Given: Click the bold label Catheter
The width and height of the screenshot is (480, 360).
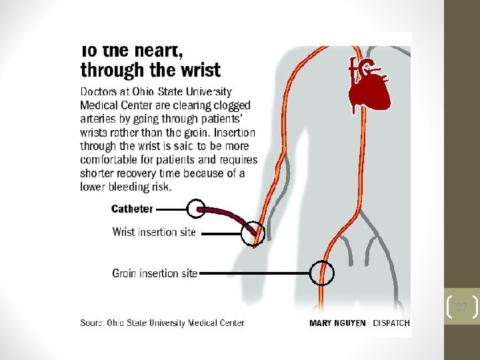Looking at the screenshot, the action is (132, 209).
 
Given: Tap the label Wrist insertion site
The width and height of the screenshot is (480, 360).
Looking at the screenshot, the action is (154, 233).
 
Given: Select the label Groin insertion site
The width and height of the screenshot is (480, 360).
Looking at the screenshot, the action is (155, 273).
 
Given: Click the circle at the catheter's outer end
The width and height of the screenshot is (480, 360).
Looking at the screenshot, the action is (195, 209).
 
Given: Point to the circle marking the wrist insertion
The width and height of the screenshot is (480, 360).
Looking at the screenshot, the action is (253, 233).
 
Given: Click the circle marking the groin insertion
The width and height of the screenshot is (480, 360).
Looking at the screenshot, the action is (322, 273).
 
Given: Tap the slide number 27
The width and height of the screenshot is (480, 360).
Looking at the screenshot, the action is (461, 307).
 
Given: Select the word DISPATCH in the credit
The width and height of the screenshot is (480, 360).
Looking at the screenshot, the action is (391, 323).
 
